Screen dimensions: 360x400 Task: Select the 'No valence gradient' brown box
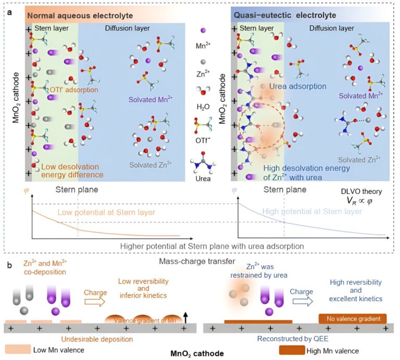[x=352, y=318]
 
